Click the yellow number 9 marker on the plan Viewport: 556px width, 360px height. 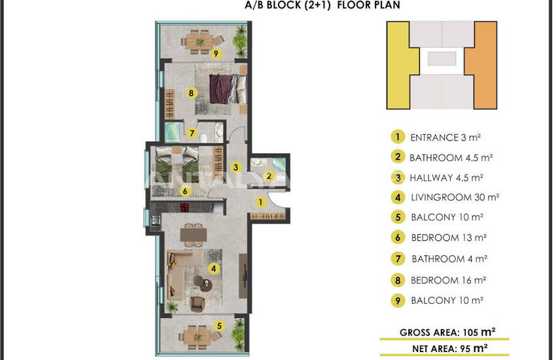216,54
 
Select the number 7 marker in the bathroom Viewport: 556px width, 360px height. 192,133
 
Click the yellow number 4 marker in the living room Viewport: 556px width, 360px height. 213,268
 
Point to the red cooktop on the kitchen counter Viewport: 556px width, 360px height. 184,207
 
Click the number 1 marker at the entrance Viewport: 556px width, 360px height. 260,202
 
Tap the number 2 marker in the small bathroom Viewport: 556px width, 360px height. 269,175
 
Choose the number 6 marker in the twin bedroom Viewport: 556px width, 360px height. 184,191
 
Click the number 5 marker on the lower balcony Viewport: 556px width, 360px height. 220,325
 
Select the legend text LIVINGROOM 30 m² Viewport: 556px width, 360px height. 455,197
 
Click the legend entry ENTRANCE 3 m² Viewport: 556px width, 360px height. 445,137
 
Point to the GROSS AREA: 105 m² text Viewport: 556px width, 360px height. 447,333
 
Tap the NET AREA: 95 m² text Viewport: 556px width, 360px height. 449,349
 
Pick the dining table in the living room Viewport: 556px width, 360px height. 193,235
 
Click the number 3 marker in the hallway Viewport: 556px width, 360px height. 235,167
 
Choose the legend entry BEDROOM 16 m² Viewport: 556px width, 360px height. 448,280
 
